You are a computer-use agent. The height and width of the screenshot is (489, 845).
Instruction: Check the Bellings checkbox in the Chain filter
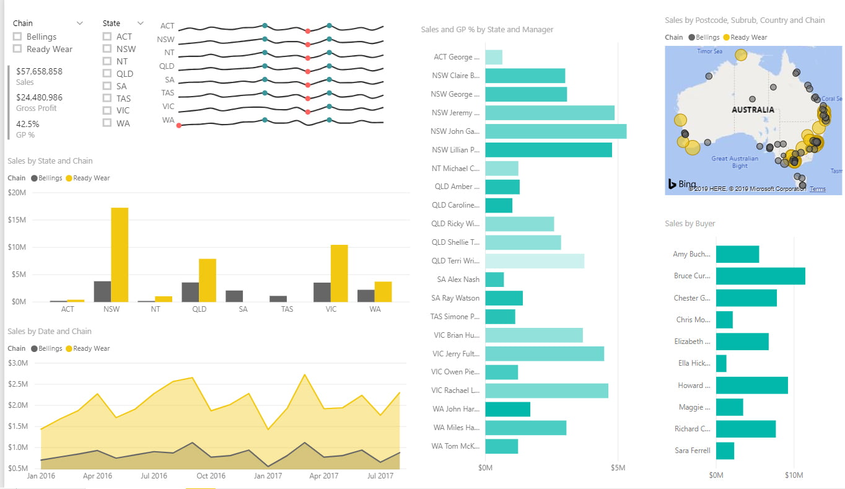point(17,37)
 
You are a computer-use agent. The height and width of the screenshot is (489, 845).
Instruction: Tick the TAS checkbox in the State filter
point(108,98)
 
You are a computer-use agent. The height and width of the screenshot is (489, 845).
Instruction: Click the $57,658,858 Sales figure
point(39,71)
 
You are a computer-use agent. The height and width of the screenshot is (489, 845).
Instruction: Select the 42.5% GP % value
point(28,124)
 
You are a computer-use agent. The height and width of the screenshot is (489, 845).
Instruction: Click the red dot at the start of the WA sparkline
point(178,126)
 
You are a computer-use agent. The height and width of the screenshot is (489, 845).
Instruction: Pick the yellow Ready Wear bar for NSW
point(120,254)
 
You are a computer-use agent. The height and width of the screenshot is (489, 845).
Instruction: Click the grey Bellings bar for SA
point(234,296)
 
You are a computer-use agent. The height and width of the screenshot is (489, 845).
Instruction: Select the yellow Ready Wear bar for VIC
point(339,273)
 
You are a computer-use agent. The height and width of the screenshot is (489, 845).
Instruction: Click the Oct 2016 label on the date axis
point(211,476)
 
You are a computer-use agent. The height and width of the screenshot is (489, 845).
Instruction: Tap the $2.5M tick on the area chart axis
point(17,384)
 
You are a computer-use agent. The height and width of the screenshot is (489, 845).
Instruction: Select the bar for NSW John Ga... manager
point(555,131)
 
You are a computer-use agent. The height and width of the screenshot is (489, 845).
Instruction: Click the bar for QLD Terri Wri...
point(534,261)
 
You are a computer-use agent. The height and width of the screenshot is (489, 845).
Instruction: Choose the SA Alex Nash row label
point(458,280)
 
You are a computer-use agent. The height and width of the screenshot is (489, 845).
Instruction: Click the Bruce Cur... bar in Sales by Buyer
point(760,276)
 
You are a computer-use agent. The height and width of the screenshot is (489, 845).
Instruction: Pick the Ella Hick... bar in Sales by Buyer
point(721,363)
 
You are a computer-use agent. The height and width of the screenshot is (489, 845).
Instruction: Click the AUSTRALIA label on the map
point(753,110)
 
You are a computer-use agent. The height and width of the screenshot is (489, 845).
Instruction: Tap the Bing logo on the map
point(681,184)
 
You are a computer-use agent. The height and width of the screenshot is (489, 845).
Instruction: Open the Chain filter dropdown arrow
point(79,23)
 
